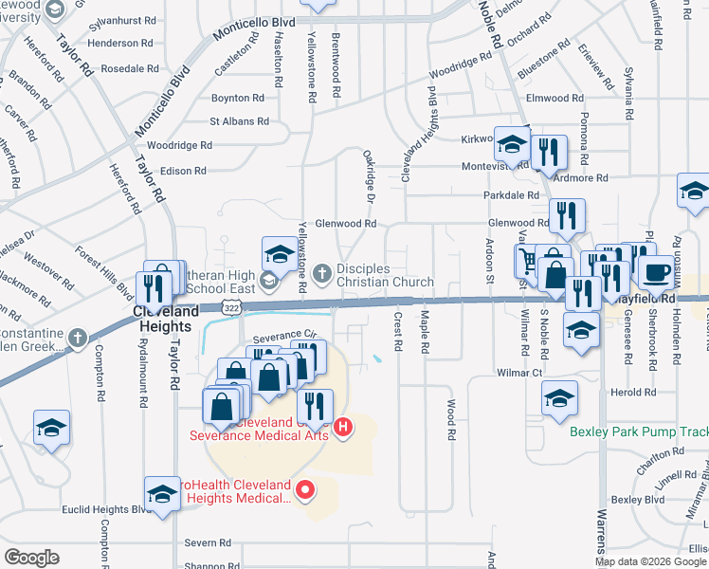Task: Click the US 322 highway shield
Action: coord(232,308)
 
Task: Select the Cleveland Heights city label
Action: coord(167,318)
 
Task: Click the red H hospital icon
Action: coord(343,429)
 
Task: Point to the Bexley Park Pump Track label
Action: coord(637,431)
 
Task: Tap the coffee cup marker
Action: coord(655,273)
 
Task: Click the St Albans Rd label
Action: coord(240,121)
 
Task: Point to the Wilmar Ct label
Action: coord(519,374)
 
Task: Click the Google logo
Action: coord(32,558)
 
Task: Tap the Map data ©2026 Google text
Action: coord(650,561)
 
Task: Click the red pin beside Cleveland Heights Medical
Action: coord(305,490)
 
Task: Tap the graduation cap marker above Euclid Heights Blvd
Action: coord(162,494)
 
